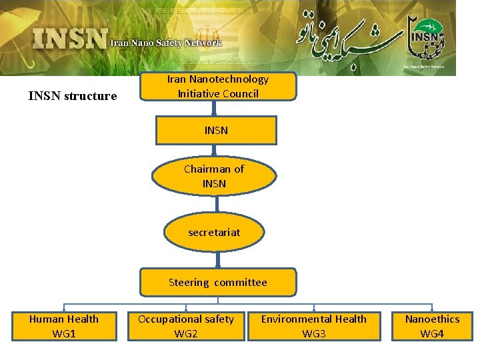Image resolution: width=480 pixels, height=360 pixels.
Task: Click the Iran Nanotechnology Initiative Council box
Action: pos(217,87)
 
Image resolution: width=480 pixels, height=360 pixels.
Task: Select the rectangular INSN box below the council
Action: pos(216,131)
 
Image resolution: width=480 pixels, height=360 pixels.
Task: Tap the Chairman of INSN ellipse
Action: pos(214,176)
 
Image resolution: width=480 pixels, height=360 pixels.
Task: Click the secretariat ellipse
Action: pos(214,233)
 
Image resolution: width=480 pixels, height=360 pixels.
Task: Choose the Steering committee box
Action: pos(217,282)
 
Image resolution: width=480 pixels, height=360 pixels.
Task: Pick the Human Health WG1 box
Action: pos(64,326)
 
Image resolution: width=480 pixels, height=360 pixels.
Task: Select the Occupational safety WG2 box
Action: pos(186,326)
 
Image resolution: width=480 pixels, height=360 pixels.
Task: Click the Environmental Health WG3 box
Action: pos(313,326)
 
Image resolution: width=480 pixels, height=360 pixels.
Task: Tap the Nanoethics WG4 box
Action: pos(432,326)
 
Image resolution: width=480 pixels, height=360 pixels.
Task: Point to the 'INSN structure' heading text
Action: pos(73,96)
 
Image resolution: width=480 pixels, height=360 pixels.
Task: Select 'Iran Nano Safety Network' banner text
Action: pos(166,43)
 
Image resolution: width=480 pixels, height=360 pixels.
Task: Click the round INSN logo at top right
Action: pos(427,40)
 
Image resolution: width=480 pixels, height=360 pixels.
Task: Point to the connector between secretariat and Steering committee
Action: pos(217,259)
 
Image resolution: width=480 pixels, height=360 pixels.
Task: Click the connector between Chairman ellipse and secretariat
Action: pos(214,204)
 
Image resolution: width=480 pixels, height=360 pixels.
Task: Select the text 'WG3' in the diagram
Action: pos(314,333)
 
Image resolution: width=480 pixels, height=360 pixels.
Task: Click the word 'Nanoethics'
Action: pos(432,319)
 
